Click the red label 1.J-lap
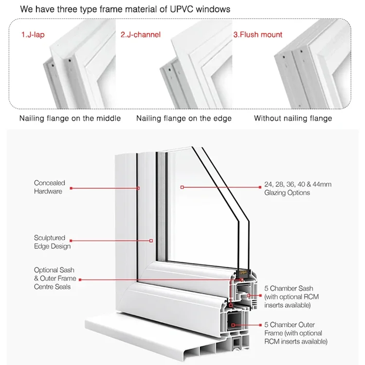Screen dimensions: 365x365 (x=32, y=35)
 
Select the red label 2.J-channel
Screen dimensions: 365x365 (x=140, y=35)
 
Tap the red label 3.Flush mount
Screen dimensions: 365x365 (x=258, y=35)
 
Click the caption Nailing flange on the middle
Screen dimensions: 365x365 (x=70, y=118)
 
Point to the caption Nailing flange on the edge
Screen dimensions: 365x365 (x=184, y=118)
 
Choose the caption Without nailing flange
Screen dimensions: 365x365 (x=293, y=118)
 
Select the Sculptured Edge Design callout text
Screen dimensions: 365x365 (x=52, y=242)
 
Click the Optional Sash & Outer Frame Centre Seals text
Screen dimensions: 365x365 (x=55, y=278)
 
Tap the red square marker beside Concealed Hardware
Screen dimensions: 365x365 (x=71, y=188)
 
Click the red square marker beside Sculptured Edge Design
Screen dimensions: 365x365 (x=71, y=239)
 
